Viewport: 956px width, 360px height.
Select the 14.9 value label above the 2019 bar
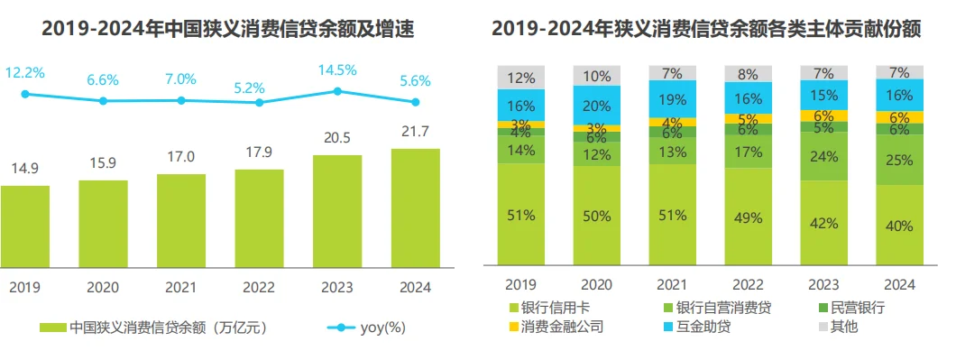pyautogui.click(x=24, y=169)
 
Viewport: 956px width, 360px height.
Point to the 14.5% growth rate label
pyautogui.click(x=337, y=69)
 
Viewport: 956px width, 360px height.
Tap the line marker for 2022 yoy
pyautogui.click(x=260, y=103)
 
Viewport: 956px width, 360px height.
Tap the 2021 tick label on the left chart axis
pyautogui.click(x=180, y=288)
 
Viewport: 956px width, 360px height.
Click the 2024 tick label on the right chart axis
pyautogui.click(x=899, y=284)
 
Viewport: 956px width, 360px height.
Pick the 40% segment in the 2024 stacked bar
pyautogui.click(x=899, y=226)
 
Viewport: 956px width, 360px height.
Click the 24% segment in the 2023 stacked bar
pyautogui.click(x=823, y=156)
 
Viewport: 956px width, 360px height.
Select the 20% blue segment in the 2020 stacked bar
pyautogui.click(x=597, y=105)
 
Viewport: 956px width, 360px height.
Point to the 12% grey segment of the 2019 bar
pyautogui.click(x=521, y=78)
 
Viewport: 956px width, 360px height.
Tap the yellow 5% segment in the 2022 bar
pyautogui.click(x=748, y=118)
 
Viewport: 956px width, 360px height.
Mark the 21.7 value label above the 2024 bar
pyautogui.click(x=415, y=132)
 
